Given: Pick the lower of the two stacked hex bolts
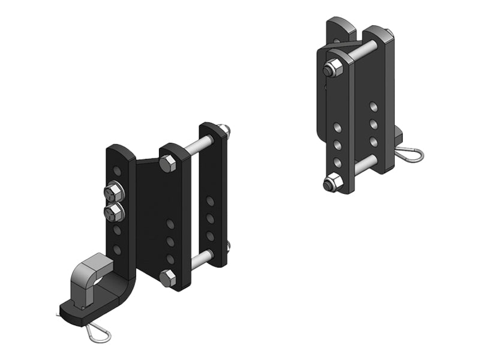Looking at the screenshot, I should click(x=113, y=211).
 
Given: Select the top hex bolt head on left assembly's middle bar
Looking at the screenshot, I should click(x=167, y=164).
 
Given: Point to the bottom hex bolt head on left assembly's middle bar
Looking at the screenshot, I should click(x=167, y=277).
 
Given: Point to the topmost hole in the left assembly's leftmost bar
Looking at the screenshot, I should click(x=118, y=172).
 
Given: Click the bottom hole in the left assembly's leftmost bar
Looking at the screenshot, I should click(x=117, y=249).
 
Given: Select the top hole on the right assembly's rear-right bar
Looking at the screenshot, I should click(x=374, y=106).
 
